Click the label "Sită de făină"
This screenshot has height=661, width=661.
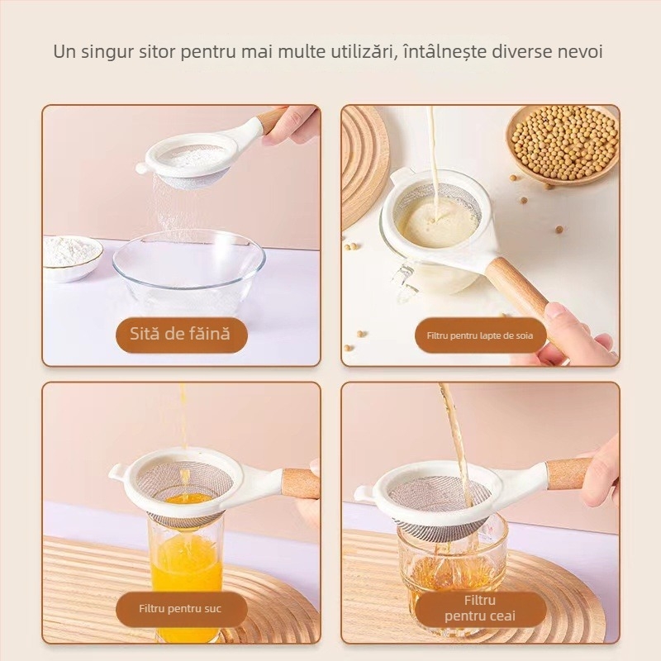point(181,335)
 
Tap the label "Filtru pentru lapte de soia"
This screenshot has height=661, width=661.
point(480,335)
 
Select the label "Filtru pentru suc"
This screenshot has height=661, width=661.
point(180,610)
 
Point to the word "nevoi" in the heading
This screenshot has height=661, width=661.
point(578,51)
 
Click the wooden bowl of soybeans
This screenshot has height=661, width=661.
point(563,142)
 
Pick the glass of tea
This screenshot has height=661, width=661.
point(450,562)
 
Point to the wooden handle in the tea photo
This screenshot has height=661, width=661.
point(569,474)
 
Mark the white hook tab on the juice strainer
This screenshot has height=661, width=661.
point(117,473)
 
